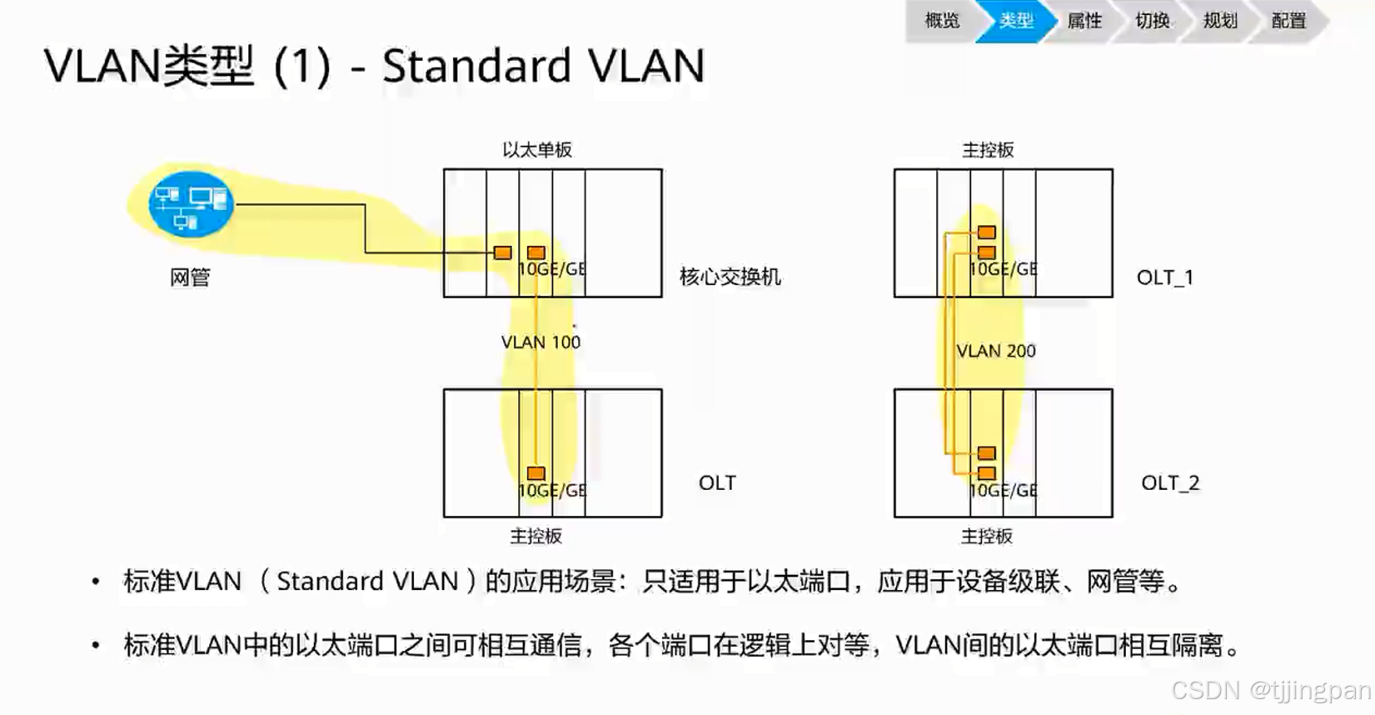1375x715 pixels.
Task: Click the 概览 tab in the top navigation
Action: [x=942, y=21]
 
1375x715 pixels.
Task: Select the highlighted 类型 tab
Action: [x=1016, y=21]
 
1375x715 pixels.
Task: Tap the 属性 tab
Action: [x=1084, y=21]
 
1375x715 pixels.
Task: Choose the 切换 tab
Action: [x=1153, y=21]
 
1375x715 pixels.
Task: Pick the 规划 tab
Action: [x=1220, y=21]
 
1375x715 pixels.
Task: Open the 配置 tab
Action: [x=1288, y=21]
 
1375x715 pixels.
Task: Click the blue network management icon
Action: [x=191, y=204]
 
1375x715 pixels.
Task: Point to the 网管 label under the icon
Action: [x=190, y=277]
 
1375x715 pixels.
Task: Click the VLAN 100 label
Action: [x=541, y=342]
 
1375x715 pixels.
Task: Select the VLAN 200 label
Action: [x=996, y=351]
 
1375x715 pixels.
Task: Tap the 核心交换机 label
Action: [x=730, y=277]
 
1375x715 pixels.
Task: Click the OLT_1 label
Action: [x=1164, y=277]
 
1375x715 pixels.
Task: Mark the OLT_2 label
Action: [x=1170, y=482]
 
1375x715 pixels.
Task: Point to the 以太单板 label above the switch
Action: [x=537, y=150]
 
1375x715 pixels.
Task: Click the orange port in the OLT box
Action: [x=536, y=473]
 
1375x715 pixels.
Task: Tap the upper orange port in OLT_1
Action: [x=987, y=232]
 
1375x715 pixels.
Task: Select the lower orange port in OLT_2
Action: [x=987, y=473]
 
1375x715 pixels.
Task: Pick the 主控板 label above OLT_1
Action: [x=988, y=150]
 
